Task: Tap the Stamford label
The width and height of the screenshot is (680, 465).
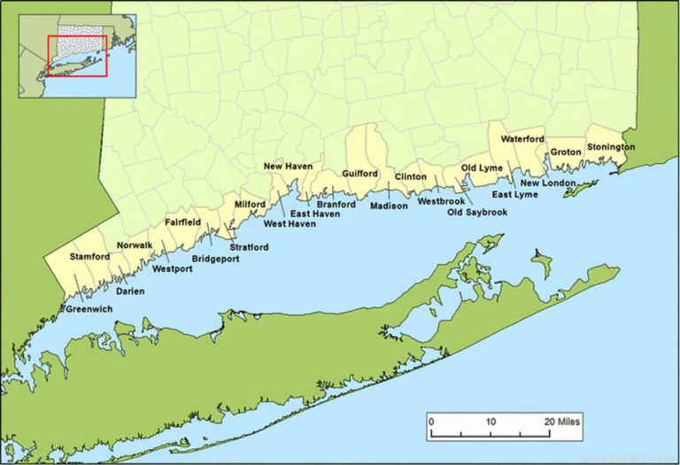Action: (x=90, y=257)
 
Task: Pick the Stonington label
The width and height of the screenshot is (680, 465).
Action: (x=610, y=146)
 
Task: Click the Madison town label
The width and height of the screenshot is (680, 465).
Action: (x=389, y=205)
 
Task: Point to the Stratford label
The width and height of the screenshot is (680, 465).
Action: (x=249, y=246)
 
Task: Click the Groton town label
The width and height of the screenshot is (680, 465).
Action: (x=566, y=152)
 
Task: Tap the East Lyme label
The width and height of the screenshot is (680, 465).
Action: (x=514, y=194)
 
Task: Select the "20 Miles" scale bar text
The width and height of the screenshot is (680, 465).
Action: (x=562, y=422)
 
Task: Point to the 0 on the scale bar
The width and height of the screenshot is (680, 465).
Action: (x=431, y=422)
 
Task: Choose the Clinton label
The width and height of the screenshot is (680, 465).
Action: (x=410, y=176)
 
